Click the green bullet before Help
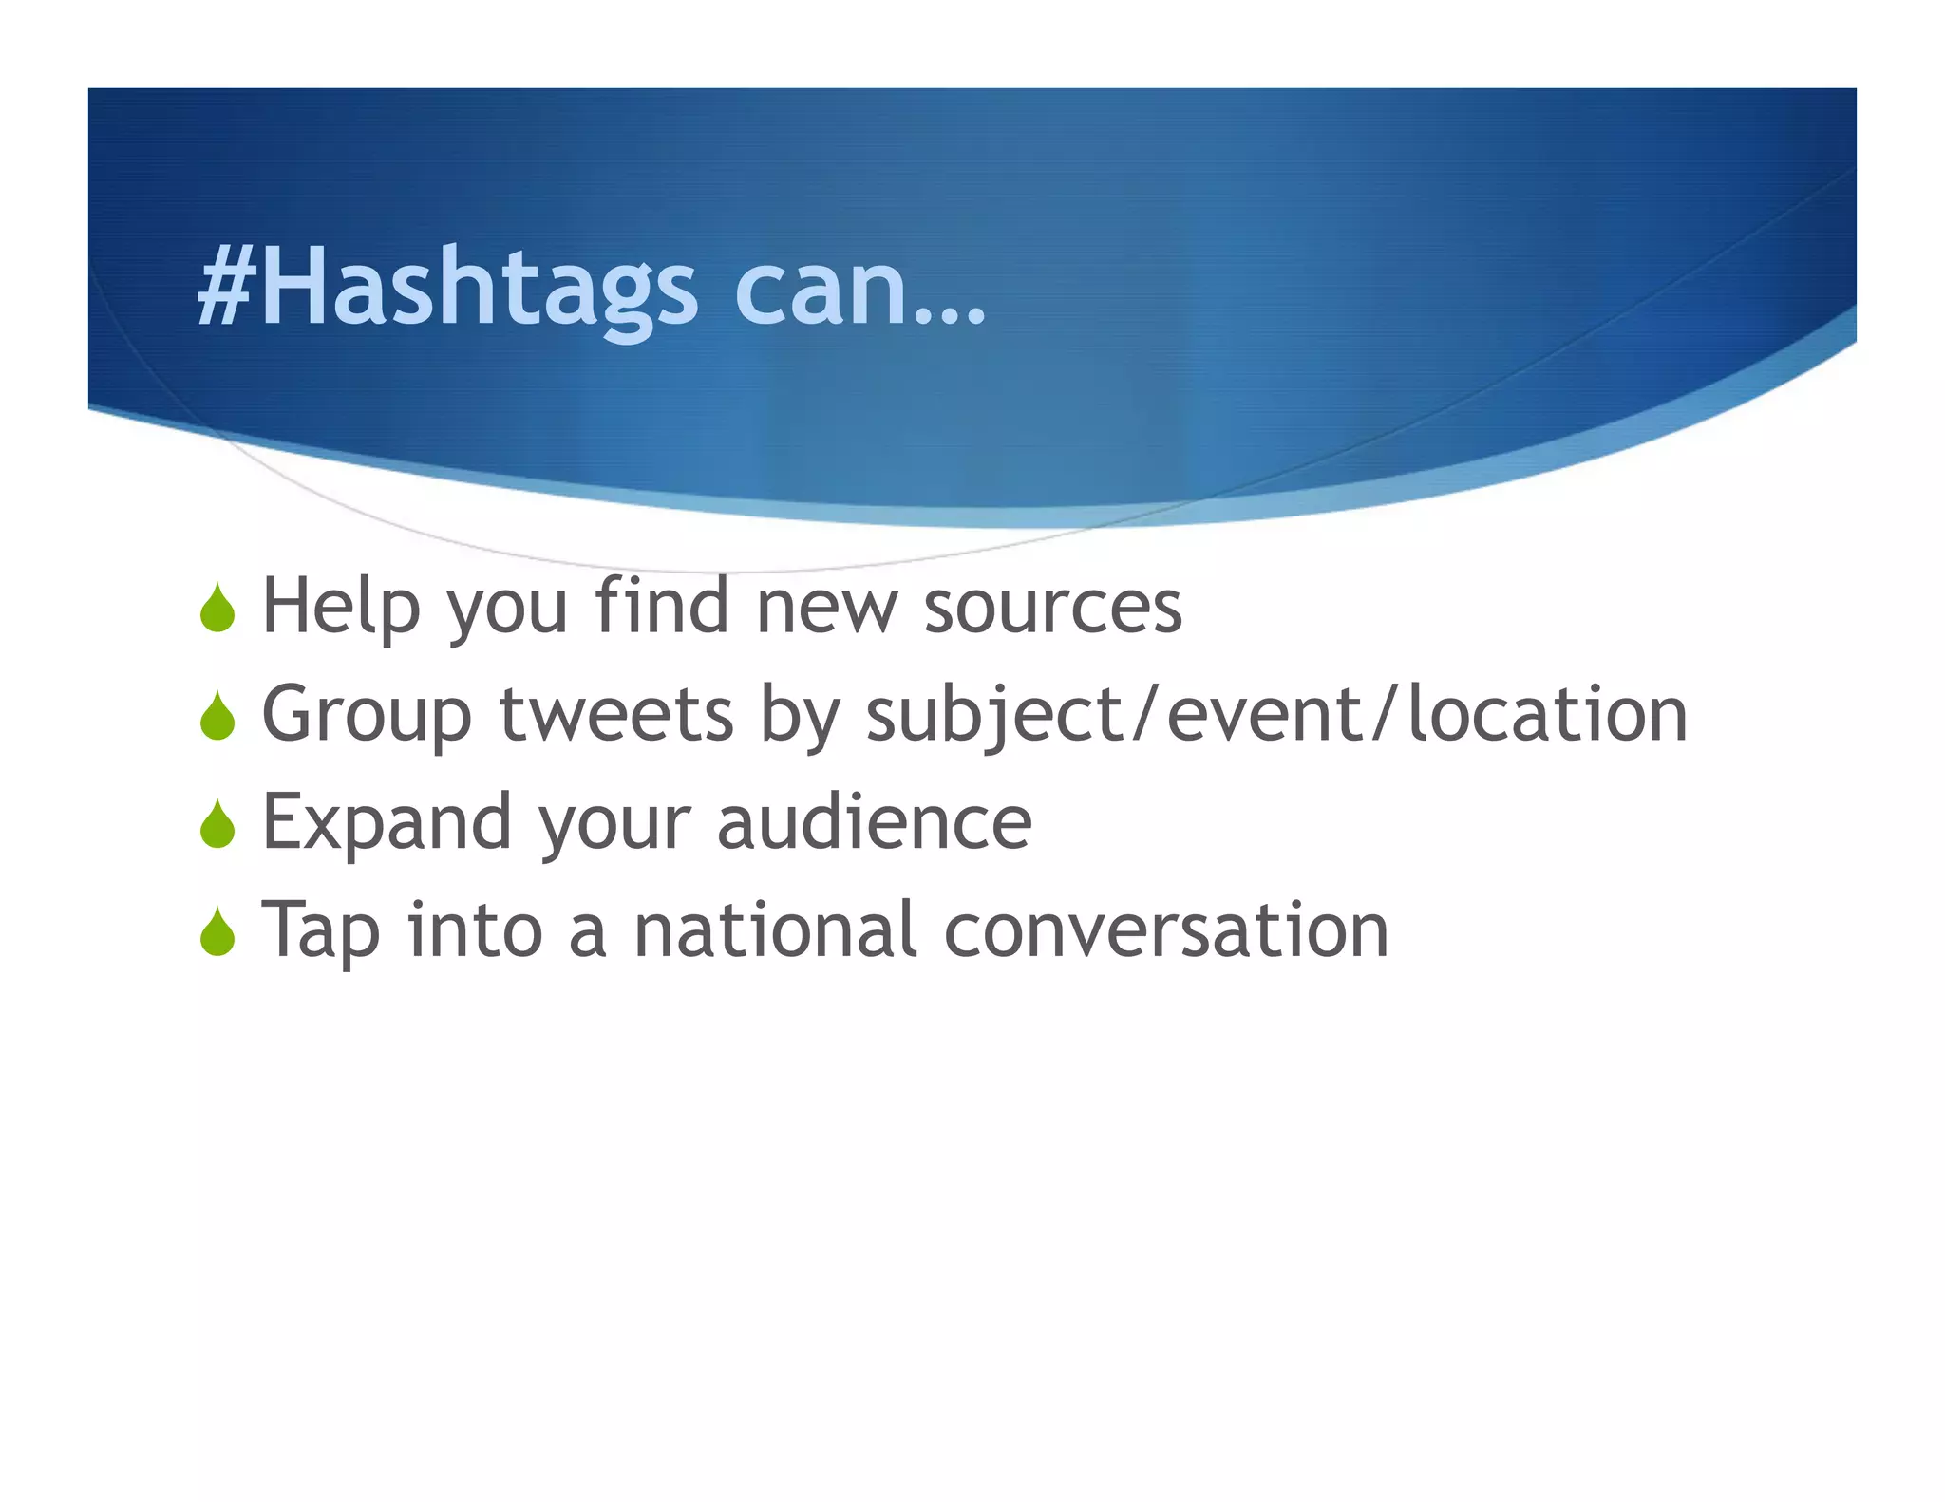[x=217, y=609]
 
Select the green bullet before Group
[x=217, y=717]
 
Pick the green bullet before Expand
[x=217, y=824]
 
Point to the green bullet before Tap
[x=217, y=932]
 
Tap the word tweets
[x=616, y=715]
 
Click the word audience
[x=874, y=822]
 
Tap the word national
[x=775, y=930]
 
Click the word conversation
[x=1166, y=931]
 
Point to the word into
[x=475, y=930]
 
